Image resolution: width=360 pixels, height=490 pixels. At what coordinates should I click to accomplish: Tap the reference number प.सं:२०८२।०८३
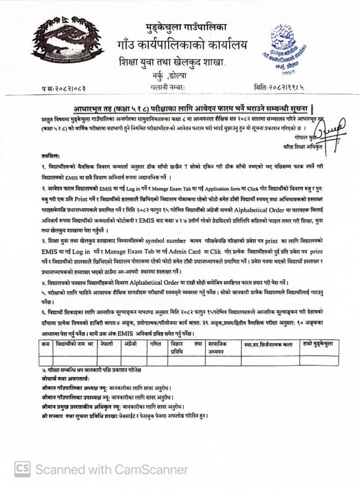click(63, 87)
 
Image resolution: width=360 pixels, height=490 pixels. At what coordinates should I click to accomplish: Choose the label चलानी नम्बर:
click(168, 86)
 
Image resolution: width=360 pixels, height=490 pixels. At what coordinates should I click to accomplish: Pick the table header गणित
click(155, 343)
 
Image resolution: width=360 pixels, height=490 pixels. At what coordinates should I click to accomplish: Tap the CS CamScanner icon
click(22, 469)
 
